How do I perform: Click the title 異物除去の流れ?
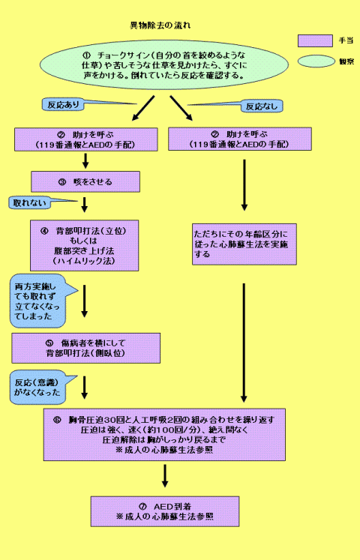(x=160, y=25)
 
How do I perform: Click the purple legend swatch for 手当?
(x=315, y=40)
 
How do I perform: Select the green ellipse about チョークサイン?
(x=166, y=67)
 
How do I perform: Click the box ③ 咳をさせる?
(x=85, y=181)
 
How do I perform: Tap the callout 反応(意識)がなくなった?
(x=36, y=386)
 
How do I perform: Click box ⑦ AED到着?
(x=164, y=511)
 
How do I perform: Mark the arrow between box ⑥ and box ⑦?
(x=164, y=476)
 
